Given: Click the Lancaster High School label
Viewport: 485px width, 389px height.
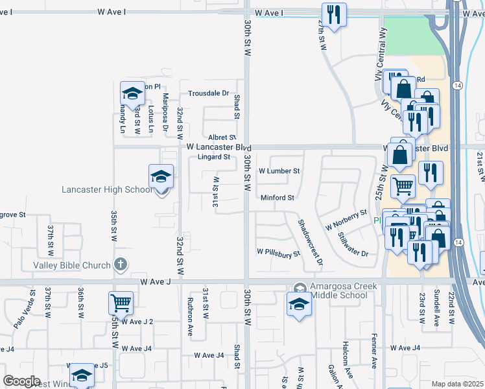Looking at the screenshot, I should click(x=107, y=189).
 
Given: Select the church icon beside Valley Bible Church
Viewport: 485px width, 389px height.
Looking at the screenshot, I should click(x=120, y=264).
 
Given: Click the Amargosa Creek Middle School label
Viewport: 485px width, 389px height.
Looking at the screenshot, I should click(x=338, y=291).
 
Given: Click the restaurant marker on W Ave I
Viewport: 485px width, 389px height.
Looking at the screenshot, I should click(x=334, y=15).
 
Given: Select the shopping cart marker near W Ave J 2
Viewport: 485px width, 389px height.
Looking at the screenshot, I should click(x=121, y=303).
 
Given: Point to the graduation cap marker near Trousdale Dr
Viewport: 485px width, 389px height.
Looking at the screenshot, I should click(x=132, y=94).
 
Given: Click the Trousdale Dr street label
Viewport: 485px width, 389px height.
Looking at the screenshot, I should click(x=209, y=93).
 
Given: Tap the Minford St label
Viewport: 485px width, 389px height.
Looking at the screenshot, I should click(x=278, y=198).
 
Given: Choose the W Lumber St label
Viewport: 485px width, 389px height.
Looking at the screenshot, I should click(x=279, y=171).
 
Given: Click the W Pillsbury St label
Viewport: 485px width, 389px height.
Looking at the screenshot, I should click(x=279, y=252).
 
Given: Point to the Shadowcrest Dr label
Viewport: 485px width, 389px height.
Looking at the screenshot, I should click(x=310, y=243).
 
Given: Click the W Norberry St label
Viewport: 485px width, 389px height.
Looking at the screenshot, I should click(x=346, y=220).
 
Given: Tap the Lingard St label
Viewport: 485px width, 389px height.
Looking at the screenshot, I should click(x=214, y=157).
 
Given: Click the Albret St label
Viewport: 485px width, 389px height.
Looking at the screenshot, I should click(x=222, y=137).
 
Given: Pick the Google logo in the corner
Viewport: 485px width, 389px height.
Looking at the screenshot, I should click(x=22, y=381).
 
